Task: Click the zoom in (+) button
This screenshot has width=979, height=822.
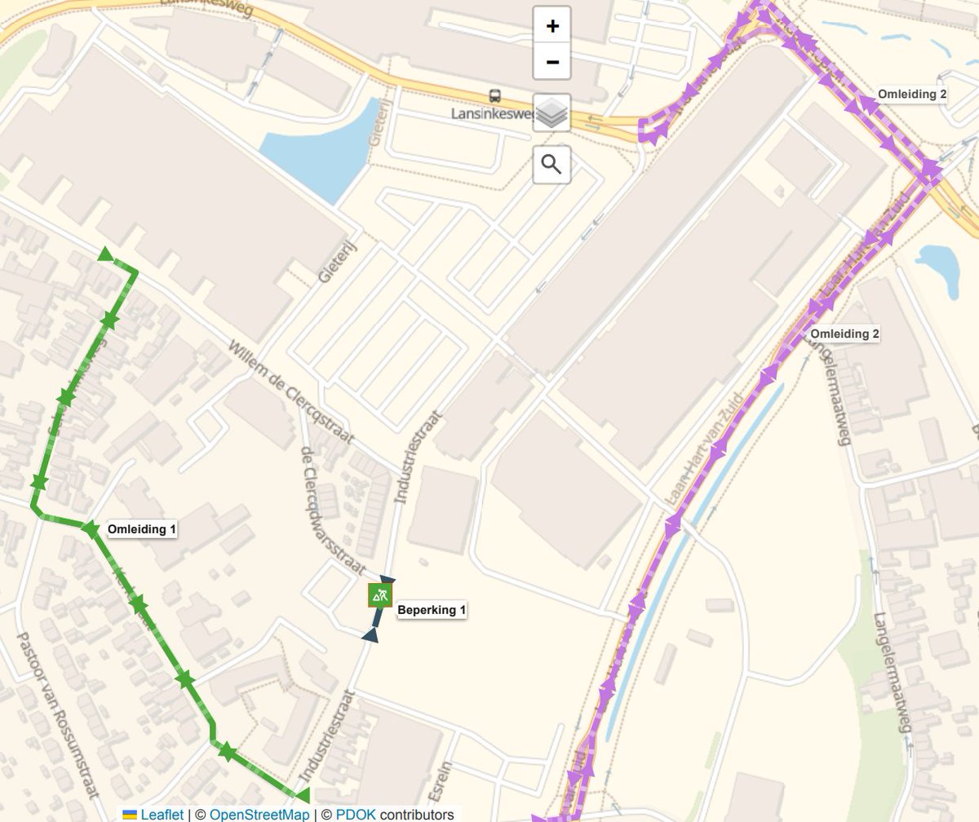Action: coord(552,26)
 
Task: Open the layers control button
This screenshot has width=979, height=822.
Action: coord(552,113)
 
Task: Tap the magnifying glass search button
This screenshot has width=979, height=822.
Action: coord(552,166)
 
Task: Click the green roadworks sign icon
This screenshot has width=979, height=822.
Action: coord(380,595)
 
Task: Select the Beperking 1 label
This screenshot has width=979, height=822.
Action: coord(432,610)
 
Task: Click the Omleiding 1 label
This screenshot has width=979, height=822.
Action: coord(142,529)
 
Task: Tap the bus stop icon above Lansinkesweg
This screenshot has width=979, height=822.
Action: coord(494,96)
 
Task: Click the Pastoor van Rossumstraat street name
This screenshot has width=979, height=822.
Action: coord(58,714)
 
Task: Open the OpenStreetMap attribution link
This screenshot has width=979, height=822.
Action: coord(259,815)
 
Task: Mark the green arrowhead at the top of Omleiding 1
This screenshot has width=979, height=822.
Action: coord(105,255)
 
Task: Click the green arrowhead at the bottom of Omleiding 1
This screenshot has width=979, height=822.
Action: coord(302,794)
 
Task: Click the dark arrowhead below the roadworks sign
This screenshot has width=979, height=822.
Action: coord(370,634)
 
